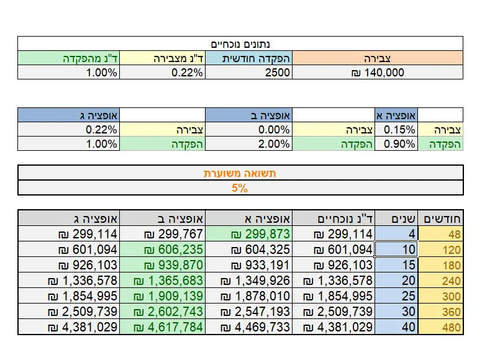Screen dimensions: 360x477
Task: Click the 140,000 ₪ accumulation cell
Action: (x=377, y=73)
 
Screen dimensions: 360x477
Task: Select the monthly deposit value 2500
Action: (x=248, y=73)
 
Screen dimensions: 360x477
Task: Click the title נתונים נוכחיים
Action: (x=240, y=44)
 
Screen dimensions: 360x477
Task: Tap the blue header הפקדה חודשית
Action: (x=248, y=58)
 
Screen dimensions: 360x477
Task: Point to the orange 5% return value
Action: (x=240, y=187)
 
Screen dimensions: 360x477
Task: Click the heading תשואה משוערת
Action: (x=240, y=173)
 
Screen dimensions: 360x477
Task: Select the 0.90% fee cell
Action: (x=396, y=143)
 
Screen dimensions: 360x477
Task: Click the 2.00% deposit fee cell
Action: (x=248, y=143)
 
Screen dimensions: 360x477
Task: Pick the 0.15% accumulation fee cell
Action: (x=396, y=130)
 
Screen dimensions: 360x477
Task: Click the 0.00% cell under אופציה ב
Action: (x=248, y=130)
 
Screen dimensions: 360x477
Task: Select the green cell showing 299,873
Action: (x=248, y=234)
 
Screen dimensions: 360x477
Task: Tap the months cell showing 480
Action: (x=442, y=327)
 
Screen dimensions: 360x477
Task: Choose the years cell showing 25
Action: (x=397, y=296)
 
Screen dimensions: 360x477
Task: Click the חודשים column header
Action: (x=442, y=218)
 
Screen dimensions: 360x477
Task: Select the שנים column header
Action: (x=397, y=218)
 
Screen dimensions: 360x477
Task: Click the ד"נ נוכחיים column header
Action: (x=334, y=218)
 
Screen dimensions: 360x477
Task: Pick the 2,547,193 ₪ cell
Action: (x=248, y=312)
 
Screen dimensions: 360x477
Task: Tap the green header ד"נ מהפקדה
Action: (x=68, y=58)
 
